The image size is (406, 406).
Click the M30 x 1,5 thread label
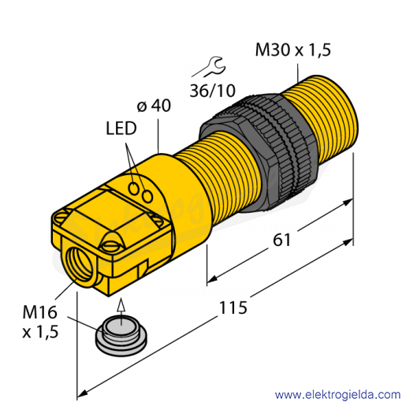tap(293, 50)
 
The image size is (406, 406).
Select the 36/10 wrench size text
tap(213, 91)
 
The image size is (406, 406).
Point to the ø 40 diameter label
tap(154, 106)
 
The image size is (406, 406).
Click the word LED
tap(121, 129)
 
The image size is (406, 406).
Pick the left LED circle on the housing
tap(134, 188)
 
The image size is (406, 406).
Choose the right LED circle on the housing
tap(147, 196)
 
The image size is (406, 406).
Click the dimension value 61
tap(281, 240)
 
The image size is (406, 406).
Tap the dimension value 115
tap(233, 307)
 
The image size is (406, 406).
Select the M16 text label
tap(39, 312)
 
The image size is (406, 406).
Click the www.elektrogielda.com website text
tap(337, 395)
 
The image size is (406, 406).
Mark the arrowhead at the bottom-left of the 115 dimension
tap(82, 393)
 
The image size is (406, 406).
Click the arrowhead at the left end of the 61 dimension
tap(212, 278)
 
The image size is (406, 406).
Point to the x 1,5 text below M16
tap(40, 332)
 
